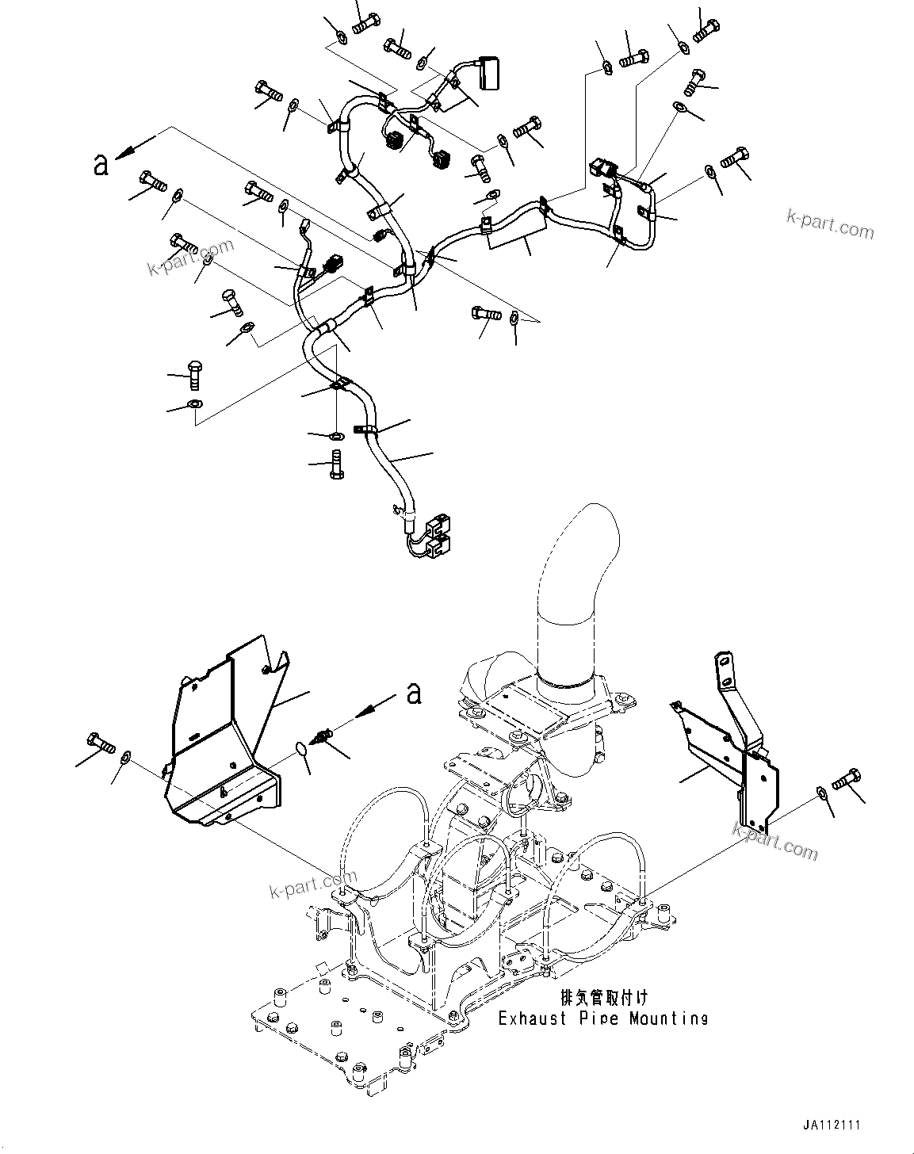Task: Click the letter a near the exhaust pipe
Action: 413,694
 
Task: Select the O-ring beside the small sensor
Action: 300,748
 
